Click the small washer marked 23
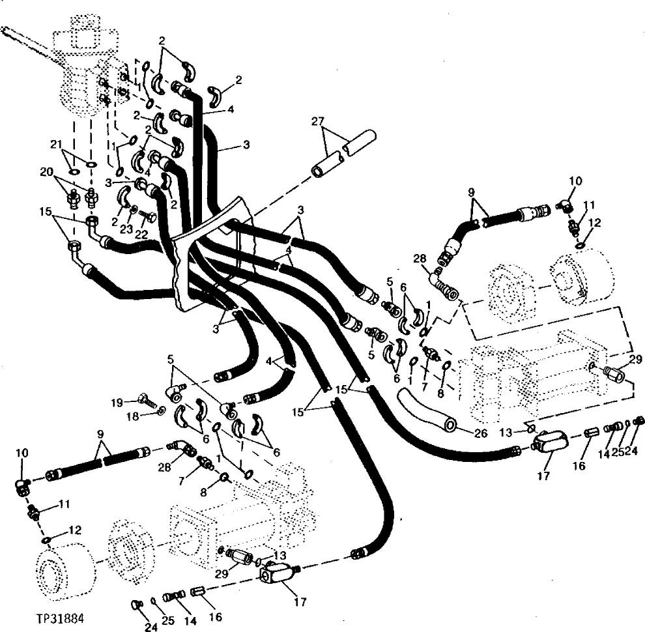coord(133,210)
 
